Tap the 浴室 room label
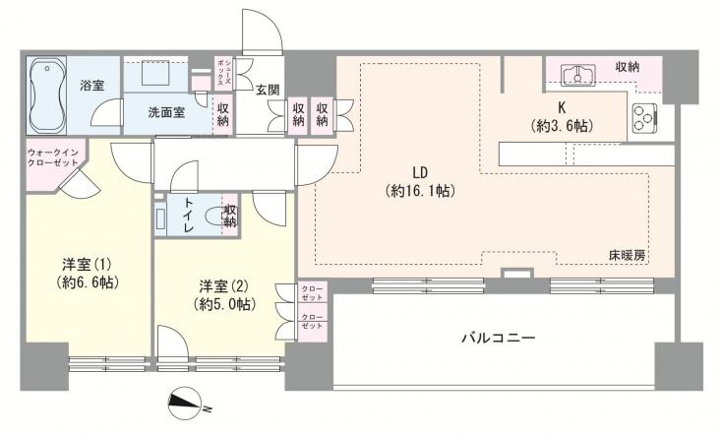[x=92, y=86]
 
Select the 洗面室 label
[x=167, y=112]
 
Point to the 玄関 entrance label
[x=269, y=91]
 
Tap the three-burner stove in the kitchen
[x=644, y=118]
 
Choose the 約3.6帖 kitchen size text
[x=562, y=125]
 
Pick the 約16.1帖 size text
[x=419, y=192]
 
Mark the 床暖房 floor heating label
[x=626, y=256]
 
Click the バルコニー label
[x=499, y=339]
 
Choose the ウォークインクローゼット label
[x=53, y=156]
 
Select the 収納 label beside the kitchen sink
[x=629, y=66]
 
